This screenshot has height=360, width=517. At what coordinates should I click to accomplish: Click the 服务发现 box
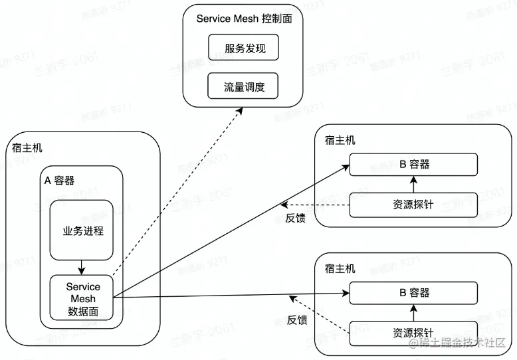point(242,48)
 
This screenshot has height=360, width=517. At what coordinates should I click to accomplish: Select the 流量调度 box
point(242,86)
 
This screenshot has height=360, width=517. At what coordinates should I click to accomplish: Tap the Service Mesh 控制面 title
point(245,19)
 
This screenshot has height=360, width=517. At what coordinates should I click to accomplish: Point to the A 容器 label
point(59,180)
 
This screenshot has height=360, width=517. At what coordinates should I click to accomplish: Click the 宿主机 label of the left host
point(27,147)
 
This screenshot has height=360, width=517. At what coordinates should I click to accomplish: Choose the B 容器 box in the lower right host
point(414,292)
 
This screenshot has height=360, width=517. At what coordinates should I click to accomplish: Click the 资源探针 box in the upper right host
point(413,205)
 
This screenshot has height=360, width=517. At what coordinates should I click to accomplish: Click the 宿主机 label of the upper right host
point(340,140)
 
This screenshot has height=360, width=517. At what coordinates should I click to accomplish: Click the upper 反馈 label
point(295,218)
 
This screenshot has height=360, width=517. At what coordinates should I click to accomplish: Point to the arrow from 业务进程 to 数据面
point(81,267)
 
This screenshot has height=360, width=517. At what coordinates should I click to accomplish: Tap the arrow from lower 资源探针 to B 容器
point(413,311)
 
